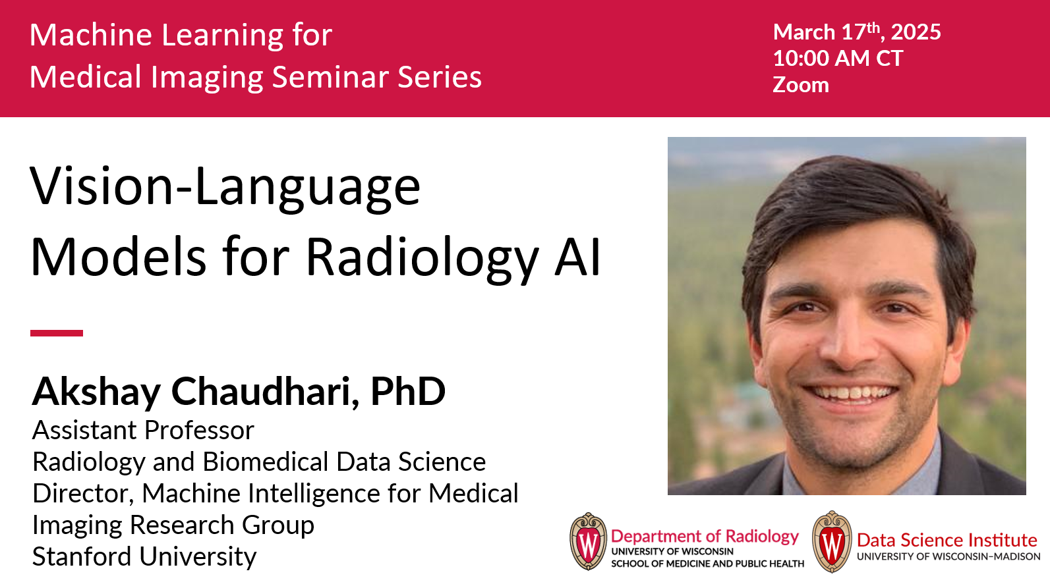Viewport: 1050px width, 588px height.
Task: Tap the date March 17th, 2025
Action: [x=857, y=32]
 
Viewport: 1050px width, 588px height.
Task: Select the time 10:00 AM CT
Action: [x=838, y=59]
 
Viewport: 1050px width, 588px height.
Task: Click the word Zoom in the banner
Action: [x=801, y=85]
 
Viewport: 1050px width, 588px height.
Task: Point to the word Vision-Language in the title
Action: [x=225, y=187]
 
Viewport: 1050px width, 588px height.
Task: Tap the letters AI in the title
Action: [x=577, y=257]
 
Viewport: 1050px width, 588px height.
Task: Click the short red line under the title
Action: [x=57, y=333]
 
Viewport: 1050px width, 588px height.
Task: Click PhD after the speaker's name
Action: [x=408, y=391]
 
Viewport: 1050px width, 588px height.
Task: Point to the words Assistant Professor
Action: [x=143, y=430]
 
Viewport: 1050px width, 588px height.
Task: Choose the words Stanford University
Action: [x=144, y=556]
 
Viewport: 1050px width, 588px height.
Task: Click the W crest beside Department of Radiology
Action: [x=589, y=541]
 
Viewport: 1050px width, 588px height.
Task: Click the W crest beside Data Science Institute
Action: [x=832, y=542]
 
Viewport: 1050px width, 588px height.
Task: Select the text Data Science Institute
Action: [x=947, y=540]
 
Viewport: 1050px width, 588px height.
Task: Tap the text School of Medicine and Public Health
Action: [x=707, y=564]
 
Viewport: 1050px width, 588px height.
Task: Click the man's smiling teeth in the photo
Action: [x=850, y=392]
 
